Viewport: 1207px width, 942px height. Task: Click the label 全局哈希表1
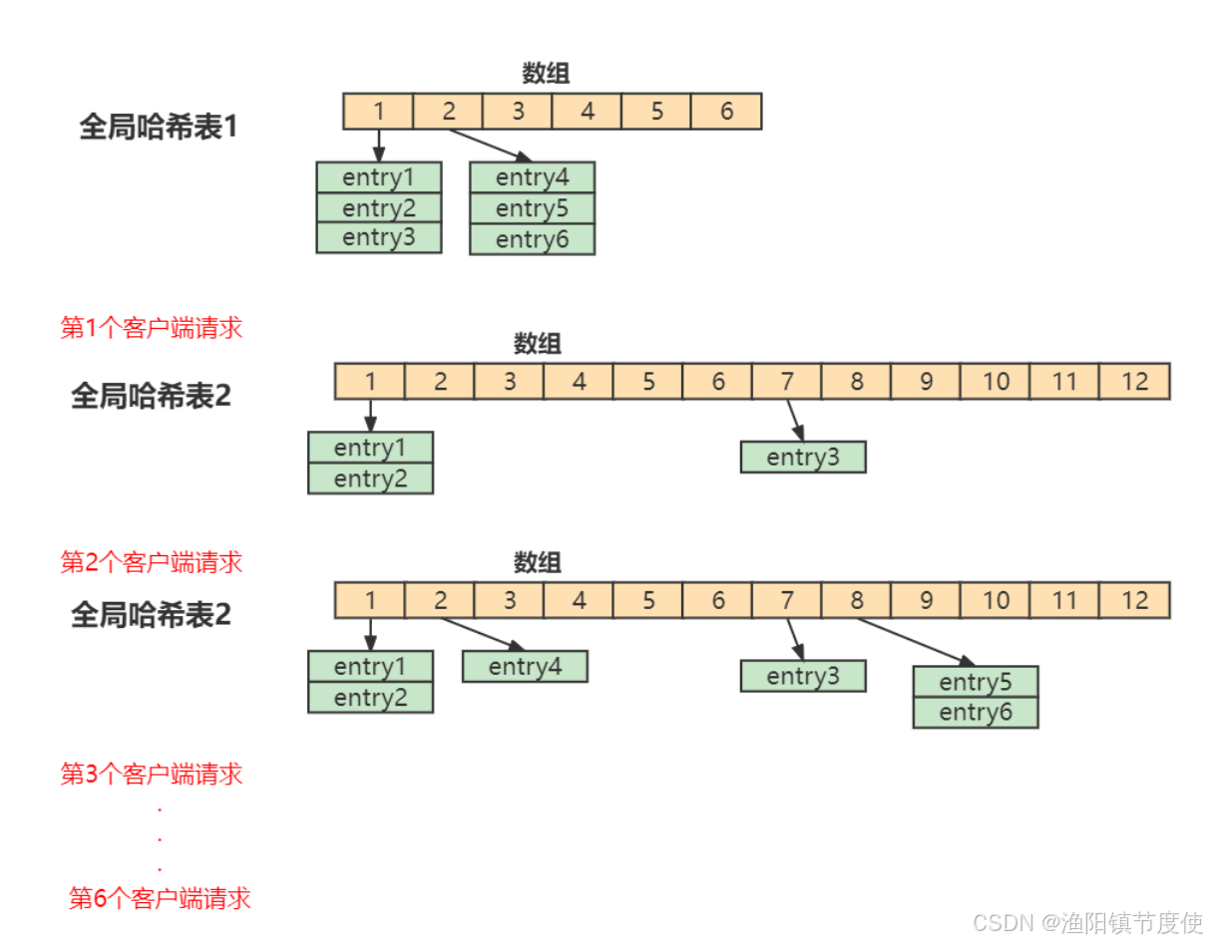tap(159, 128)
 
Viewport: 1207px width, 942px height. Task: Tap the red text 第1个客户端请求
tap(152, 328)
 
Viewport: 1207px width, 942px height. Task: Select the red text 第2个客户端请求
tap(152, 562)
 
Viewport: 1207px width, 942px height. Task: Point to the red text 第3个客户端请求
tap(152, 774)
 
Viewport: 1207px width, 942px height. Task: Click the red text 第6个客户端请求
tap(160, 898)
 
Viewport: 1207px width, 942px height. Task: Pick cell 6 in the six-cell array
tap(726, 112)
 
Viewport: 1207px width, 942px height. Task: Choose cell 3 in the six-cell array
tap(518, 112)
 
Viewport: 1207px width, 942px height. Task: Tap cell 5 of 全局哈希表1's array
tap(656, 112)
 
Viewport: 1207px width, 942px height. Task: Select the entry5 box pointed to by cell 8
tap(976, 682)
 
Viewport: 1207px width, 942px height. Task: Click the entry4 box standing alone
tap(525, 666)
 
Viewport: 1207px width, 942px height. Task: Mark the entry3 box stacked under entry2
tap(379, 238)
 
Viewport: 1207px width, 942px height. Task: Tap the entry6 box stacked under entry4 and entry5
tap(533, 239)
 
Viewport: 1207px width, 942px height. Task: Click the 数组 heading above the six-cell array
tap(547, 74)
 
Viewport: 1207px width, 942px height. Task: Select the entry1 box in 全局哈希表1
tap(379, 177)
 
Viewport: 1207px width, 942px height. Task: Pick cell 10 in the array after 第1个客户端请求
tap(996, 381)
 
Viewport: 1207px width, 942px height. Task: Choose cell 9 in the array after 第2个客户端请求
tap(926, 600)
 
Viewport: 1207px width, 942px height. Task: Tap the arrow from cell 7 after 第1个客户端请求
tap(795, 419)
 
